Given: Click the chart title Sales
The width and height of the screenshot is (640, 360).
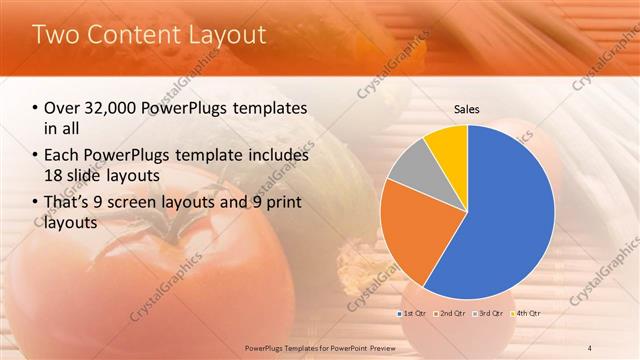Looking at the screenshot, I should pyautogui.click(x=467, y=108).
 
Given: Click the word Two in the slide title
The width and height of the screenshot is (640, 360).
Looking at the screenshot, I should pyautogui.click(x=56, y=35).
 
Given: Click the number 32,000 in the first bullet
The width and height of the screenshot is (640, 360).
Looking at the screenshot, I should pyautogui.click(x=112, y=108).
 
